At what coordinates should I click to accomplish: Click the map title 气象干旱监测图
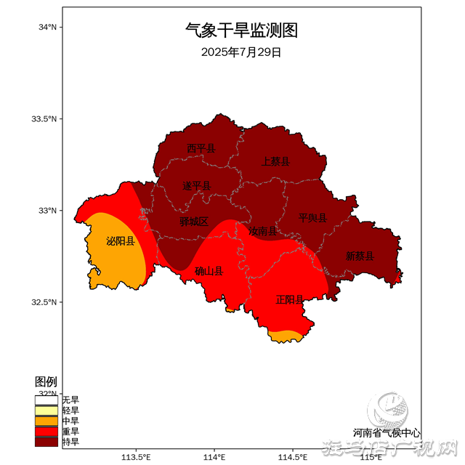point(241,31)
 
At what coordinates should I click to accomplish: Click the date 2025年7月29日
point(241,52)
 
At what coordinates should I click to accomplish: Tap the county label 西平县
point(201,148)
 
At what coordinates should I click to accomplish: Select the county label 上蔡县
point(276,161)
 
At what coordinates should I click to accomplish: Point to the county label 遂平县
point(196,187)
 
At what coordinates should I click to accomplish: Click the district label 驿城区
point(194,222)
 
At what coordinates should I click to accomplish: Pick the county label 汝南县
point(262,231)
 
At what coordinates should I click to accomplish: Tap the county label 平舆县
point(312,218)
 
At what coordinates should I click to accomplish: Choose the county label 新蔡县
point(360,256)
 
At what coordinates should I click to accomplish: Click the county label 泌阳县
point(121,241)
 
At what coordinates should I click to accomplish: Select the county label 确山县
point(209,271)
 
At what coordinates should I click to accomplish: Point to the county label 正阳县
point(290,299)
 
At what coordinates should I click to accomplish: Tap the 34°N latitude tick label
point(47,27)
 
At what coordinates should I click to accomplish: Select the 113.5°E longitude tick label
point(136,457)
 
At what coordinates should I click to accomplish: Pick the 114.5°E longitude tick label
point(293,457)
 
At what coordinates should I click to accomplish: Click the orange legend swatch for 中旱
point(46,421)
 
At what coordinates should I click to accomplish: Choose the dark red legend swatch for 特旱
point(46,441)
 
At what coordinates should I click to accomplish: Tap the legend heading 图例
point(46,382)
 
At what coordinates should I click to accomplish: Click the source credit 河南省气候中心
point(387,432)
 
